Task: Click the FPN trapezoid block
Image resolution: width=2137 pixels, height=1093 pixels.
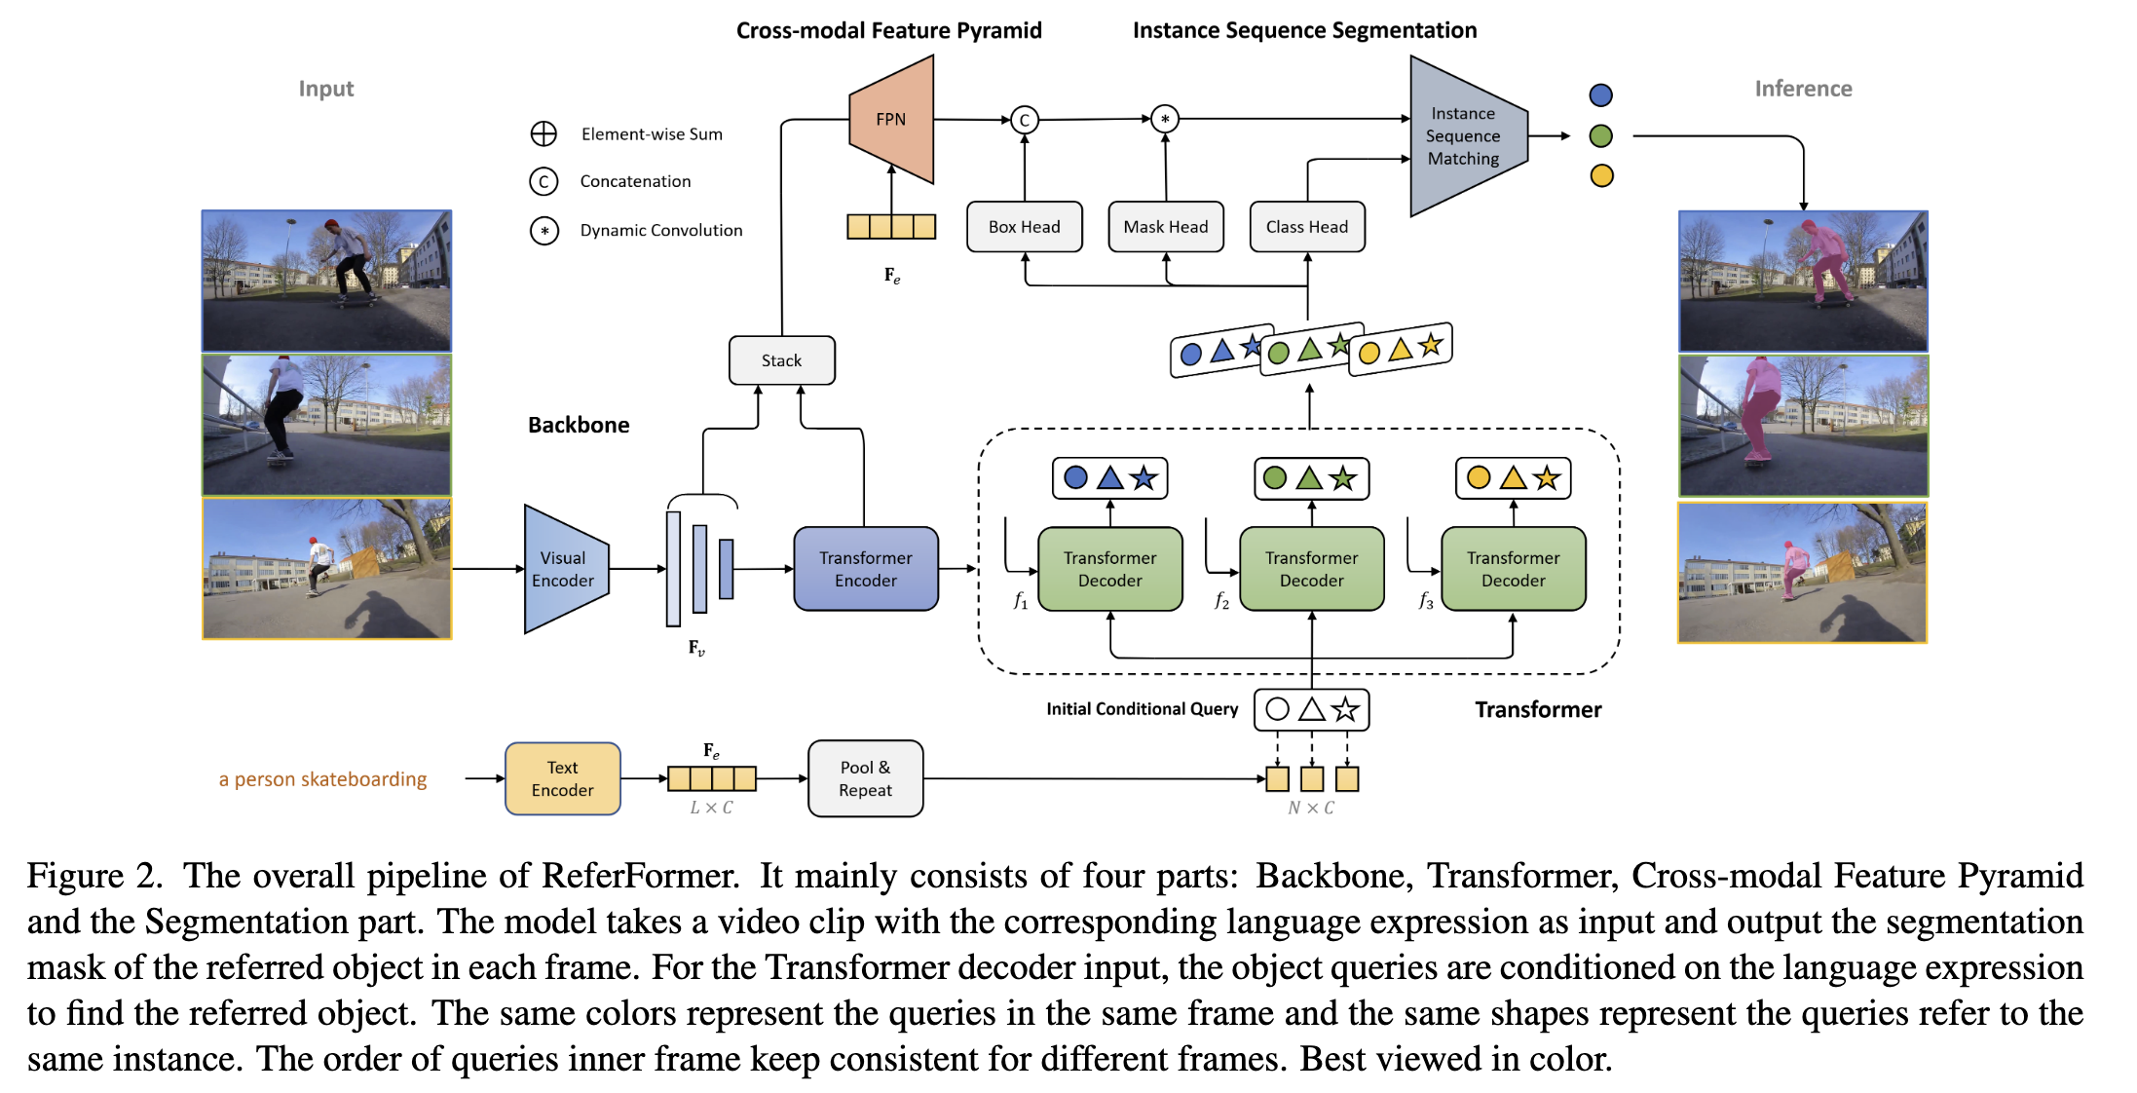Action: tap(891, 119)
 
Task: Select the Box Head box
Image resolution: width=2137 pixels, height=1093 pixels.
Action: tap(1024, 227)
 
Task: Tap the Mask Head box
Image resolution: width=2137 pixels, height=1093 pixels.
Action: tap(1165, 227)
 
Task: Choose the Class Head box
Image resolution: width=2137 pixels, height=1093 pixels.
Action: tap(1306, 227)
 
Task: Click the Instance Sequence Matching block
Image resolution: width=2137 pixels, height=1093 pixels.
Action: tap(1465, 136)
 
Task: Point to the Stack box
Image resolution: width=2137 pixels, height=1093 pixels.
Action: tap(781, 360)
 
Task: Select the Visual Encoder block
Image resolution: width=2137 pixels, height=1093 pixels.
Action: tap(564, 569)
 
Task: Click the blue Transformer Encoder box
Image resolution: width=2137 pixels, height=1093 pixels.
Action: tap(865, 569)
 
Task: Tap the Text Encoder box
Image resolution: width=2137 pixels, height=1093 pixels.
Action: tap(562, 779)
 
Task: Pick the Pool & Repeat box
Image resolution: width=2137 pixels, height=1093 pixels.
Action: tap(865, 779)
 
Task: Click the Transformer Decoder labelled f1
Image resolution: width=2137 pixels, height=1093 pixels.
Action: tap(1109, 569)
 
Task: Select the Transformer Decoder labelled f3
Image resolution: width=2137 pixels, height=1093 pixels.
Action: tap(1513, 569)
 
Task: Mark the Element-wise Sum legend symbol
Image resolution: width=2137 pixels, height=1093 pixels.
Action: tap(544, 133)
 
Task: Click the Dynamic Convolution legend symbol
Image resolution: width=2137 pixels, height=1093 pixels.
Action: tap(544, 231)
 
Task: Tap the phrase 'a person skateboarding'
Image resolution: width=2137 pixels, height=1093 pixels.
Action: tap(322, 779)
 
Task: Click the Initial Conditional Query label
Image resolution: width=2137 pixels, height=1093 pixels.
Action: tap(1142, 709)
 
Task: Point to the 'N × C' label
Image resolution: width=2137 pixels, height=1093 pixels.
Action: tap(1311, 808)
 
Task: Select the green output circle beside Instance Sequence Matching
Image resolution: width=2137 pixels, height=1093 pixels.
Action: tap(1600, 135)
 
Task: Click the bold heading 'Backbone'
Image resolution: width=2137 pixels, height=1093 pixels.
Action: tap(579, 425)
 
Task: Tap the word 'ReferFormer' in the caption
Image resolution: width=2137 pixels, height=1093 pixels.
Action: tap(640, 876)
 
